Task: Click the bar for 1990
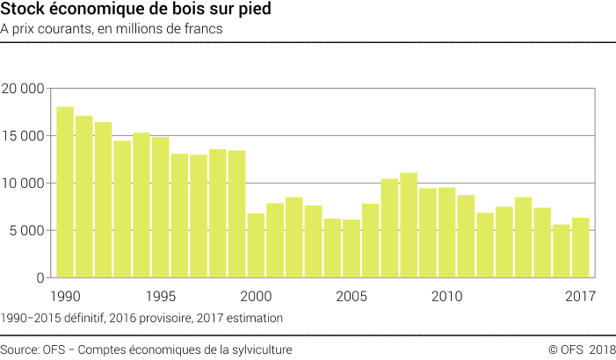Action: coord(64,192)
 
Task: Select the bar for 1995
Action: coord(160,207)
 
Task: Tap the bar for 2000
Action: coord(256,245)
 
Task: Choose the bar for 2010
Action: coord(446,233)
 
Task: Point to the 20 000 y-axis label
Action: coord(23,89)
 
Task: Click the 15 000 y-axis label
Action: coord(23,136)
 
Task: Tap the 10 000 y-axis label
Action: coord(23,184)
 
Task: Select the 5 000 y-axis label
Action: coord(26,231)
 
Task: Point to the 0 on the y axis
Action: coord(40,278)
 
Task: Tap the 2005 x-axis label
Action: coord(351,295)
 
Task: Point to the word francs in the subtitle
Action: coord(200,29)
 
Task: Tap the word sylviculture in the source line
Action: coord(261,349)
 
